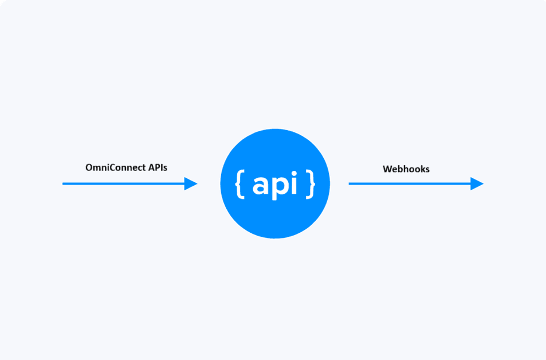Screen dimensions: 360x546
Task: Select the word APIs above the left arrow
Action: click(157, 168)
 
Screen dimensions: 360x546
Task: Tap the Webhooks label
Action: click(406, 169)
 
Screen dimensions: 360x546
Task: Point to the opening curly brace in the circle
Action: click(239, 183)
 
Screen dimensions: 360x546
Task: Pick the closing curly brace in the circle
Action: click(310, 183)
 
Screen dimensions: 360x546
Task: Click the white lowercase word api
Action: click(275, 184)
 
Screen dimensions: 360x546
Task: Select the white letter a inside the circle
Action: click(261, 185)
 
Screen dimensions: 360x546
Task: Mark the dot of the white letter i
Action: click(293, 173)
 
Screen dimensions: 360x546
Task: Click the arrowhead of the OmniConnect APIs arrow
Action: click(191, 183)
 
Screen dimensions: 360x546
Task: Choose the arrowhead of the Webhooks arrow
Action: click(477, 183)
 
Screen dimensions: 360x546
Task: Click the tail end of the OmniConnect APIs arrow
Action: click(64, 183)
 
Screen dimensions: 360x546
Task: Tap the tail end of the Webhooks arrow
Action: click(350, 183)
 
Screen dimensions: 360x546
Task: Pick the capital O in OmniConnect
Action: click(89, 168)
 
